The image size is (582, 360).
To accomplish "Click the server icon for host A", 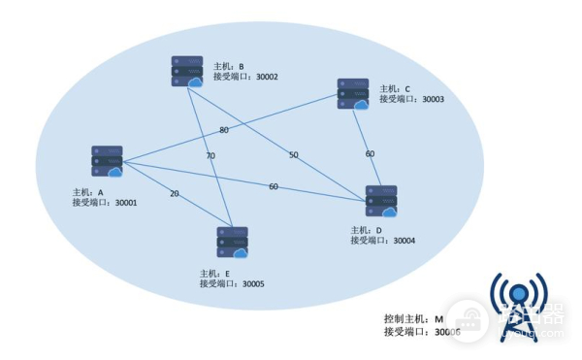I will (107, 162).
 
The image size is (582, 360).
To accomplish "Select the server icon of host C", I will (353, 94).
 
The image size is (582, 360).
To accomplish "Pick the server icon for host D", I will (380, 201).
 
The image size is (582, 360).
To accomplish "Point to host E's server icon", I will (232, 243).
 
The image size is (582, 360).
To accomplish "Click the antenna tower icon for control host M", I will (517, 305).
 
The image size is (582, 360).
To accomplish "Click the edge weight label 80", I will (224, 130).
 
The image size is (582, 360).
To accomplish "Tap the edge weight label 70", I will (210, 155).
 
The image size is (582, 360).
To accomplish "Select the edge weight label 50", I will (293, 155).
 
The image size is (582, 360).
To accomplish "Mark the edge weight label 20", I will (175, 193).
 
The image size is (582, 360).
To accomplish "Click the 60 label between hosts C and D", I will (370, 153).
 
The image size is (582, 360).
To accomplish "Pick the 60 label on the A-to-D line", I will (274, 186).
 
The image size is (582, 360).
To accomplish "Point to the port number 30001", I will (126, 204).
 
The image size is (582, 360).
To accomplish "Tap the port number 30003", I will (425, 99).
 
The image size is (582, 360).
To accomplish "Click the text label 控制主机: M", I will (413, 319).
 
